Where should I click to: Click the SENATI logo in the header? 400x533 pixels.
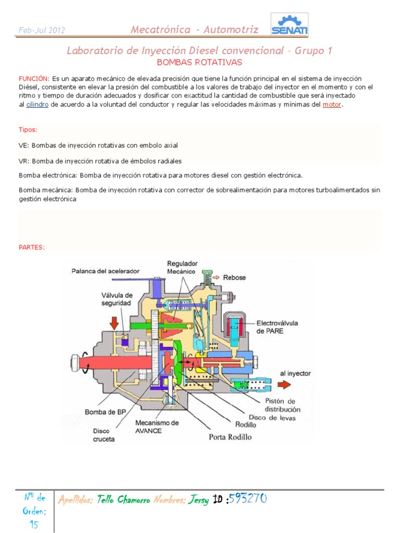[290, 25]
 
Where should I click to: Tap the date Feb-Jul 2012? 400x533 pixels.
[42, 30]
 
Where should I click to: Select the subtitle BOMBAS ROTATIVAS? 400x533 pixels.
[199, 62]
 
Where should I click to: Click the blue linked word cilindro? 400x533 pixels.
[37, 105]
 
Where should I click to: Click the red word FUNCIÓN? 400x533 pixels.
[34, 78]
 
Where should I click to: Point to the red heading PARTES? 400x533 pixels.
[32, 247]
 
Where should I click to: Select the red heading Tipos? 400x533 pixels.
[28, 129]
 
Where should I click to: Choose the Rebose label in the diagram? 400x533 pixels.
[234, 277]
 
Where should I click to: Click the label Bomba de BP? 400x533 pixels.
[106, 412]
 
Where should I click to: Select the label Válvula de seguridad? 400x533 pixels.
[117, 299]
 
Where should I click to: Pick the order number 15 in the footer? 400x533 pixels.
[34, 524]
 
